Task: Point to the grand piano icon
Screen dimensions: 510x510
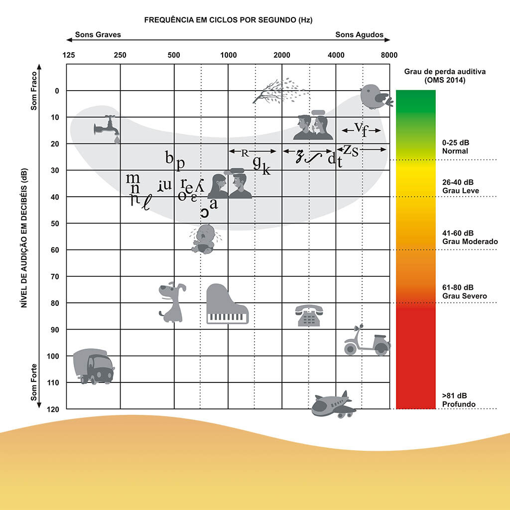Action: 227,305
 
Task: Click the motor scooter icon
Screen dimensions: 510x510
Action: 367,342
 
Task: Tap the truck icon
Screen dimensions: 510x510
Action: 93,366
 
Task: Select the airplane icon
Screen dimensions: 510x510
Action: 333,404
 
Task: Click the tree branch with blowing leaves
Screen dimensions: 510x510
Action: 280,91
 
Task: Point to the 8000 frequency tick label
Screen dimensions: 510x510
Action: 389,55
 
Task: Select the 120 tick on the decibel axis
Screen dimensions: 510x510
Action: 54,409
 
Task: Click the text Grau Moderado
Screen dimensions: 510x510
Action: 470,242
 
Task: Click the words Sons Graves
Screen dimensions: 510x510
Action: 98,35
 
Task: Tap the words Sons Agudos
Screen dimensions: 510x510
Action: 359,35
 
